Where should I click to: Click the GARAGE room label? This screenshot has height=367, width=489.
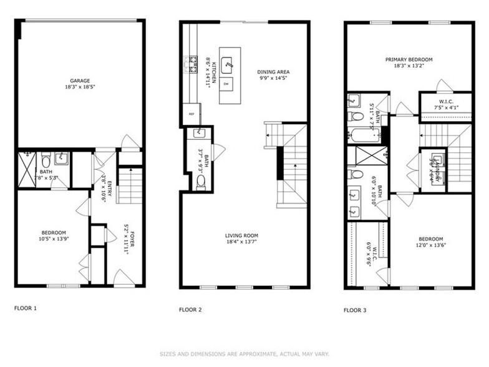pyautogui.click(x=80, y=81)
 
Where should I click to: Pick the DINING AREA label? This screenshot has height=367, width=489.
pyautogui.click(x=274, y=72)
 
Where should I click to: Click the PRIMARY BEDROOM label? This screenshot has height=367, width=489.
pyautogui.click(x=409, y=60)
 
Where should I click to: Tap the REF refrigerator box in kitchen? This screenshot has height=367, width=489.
pyautogui.click(x=191, y=114)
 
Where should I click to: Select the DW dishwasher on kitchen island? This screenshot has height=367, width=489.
pyautogui.click(x=226, y=84)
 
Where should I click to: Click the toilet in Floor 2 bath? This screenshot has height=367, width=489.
pyautogui.click(x=201, y=181)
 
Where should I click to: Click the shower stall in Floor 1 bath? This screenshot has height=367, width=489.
pyautogui.click(x=27, y=169)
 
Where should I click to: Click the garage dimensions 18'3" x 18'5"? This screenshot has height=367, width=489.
pyautogui.click(x=80, y=87)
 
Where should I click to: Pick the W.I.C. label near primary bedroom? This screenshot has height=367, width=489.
pyautogui.click(x=445, y=102)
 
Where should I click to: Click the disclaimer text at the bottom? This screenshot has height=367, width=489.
pyautogui.click(x=244, y=353)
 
